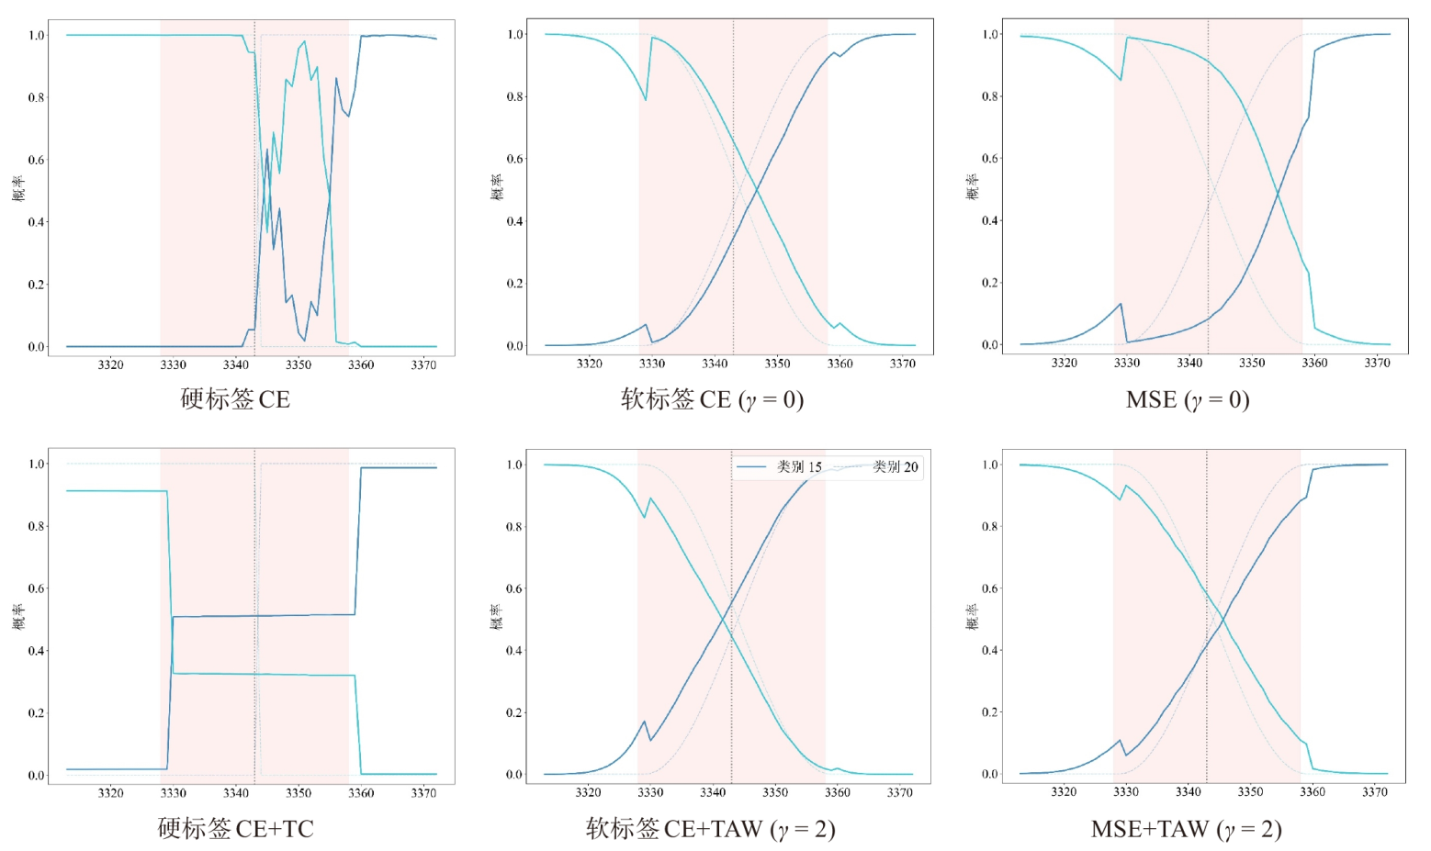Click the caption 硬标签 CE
pyautogui.click(x=235, y=399)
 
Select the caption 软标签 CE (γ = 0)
pyautogui.click(x=713, y=399)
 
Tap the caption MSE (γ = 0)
pyautogui.click(x=1188, y=399)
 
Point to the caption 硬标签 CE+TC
pyautogui.click(x=236, y=829)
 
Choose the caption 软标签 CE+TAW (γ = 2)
pyautogui.click(x=711, y=829)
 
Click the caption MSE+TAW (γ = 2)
pyautogui.click(x=1187, y=829)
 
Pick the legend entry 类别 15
pyautogui.click(x=780, y=466)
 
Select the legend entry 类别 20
pyautogui.click(x=876, y=466)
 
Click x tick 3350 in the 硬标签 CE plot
pyautogui.click(x=299, y=364)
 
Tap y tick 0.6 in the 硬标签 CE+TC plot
pyautogui.click(x=37, y=588)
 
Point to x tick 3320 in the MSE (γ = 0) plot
pyautogui.click(x=1065, y=363)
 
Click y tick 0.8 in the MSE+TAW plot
pyautogui.click(x=990, y=526)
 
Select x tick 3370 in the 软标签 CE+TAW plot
pyautogui.click(x=899, y=792)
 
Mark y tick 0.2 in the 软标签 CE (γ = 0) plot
pyautogui.click(x=515, y=283)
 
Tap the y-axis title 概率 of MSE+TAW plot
pyautogui.click(x=972, y=617)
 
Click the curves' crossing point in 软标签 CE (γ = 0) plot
pyautogui.click(x=757, y=187)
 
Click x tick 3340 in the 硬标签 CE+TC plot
pyautogui.click(x=236, y=793)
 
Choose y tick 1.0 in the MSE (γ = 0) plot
pyautogui.click(x=990, y=34)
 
